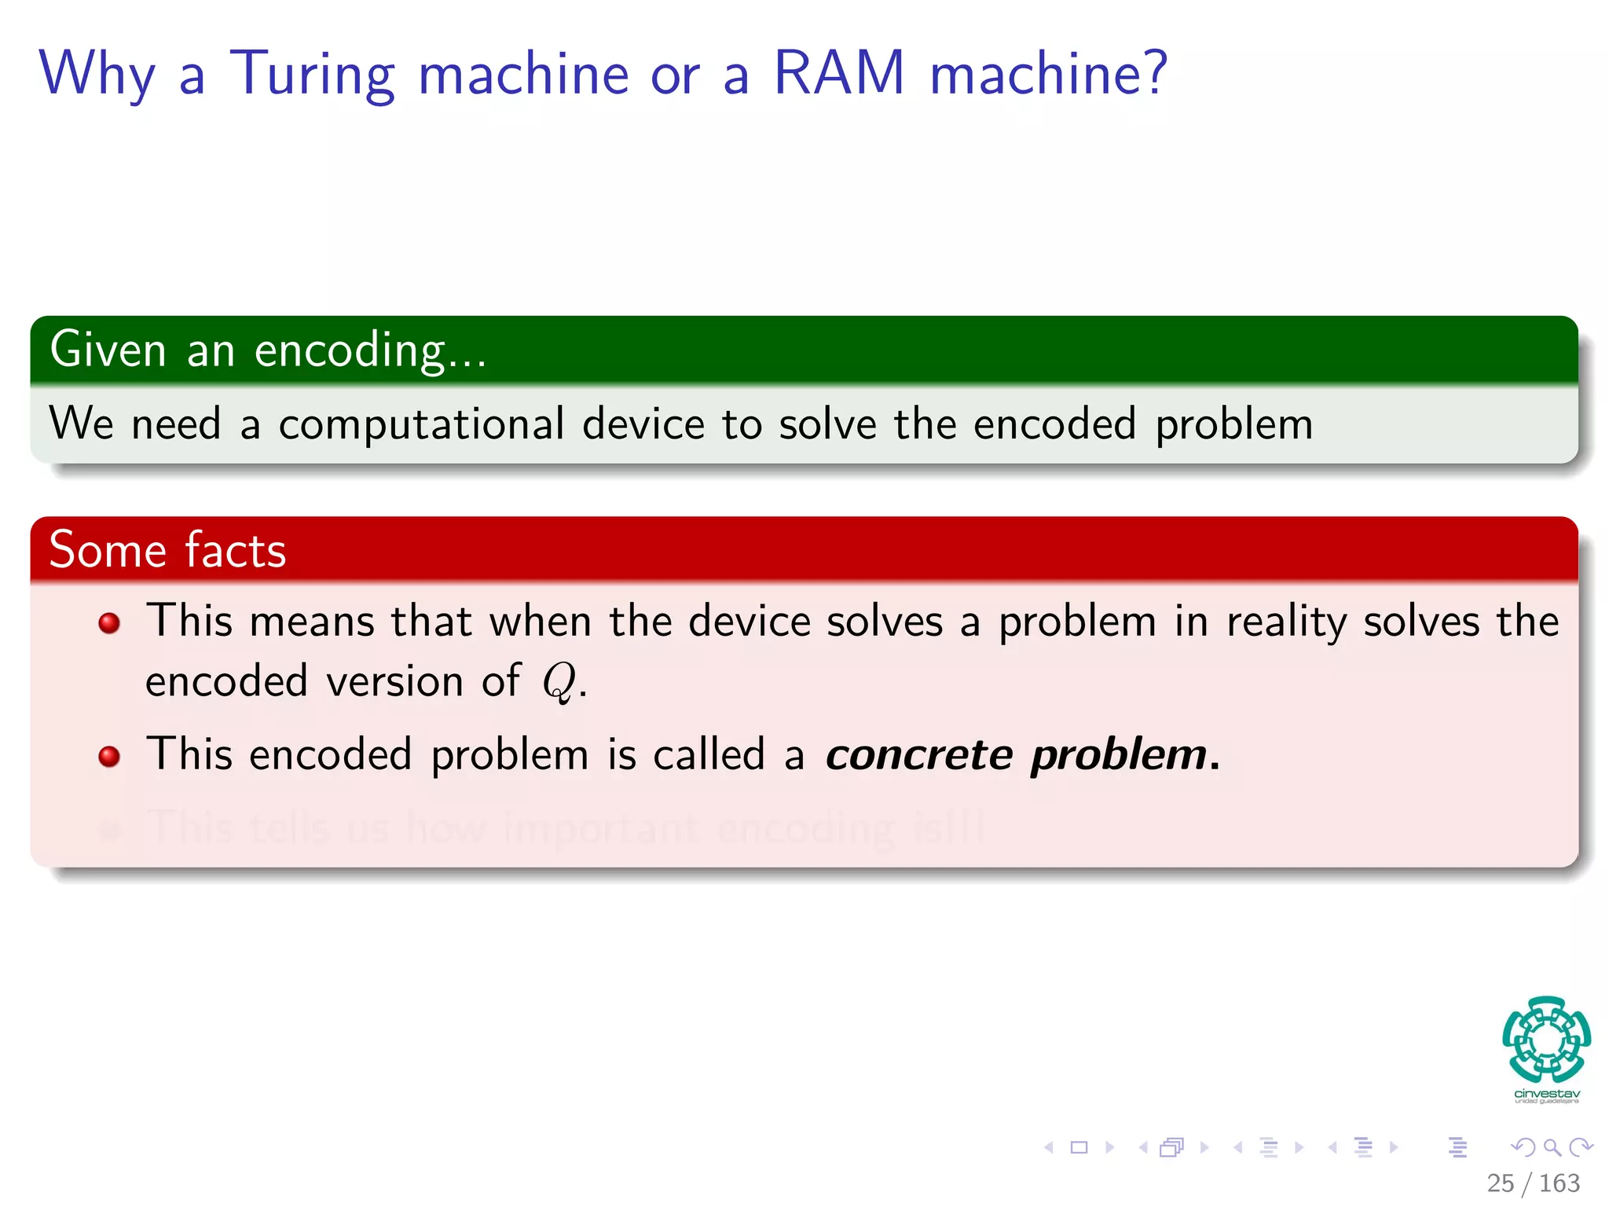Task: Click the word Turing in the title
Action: [311, 75]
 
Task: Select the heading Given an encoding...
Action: [267, 350]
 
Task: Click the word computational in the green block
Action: [421, 424]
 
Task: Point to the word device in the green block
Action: [643, 424]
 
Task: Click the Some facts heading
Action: [167, 550]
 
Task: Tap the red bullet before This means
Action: [109, 624]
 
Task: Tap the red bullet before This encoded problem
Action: [109, 757]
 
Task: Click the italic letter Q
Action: [559, 681]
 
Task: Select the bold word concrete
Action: [918, 755]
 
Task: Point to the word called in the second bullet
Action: [709, 755]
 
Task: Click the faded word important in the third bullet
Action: [601, 828]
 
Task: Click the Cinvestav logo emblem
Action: [1546, 1039]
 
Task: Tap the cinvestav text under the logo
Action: [1546, 1094]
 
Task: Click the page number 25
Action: [1500, 1183]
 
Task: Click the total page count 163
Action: [1559, 1183]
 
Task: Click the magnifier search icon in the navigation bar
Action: [1552, 1148]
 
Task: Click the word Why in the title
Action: [97, 75]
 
